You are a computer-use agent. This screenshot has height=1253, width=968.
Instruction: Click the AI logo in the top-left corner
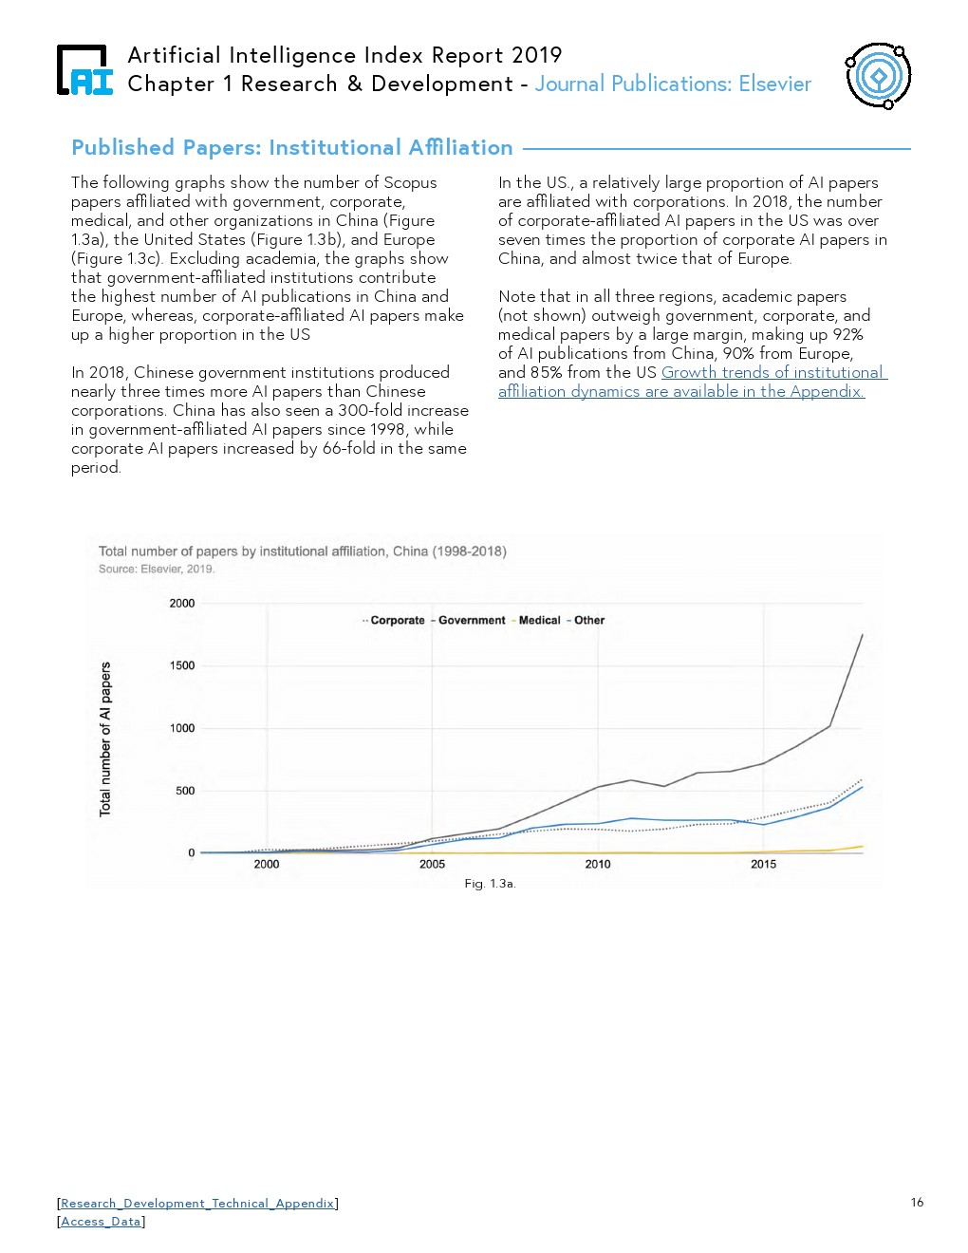(x=84, y=70)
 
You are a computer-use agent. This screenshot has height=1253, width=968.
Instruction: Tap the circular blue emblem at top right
(x=878, y=75)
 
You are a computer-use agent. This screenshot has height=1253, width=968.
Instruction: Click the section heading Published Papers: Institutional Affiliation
(x=292, y=148)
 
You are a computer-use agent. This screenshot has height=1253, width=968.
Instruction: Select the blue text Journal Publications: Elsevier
(x=673, y=84)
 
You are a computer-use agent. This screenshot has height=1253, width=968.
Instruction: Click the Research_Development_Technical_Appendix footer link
(x=197, y=1203)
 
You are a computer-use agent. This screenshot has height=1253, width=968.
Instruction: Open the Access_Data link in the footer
(x=101, y=1222)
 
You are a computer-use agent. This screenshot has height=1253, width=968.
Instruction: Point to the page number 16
(x=917, y=1202)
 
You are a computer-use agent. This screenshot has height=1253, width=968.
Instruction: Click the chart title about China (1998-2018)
(x=303, y=551)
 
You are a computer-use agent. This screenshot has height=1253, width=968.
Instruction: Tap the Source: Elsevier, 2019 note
(x=157, y=570)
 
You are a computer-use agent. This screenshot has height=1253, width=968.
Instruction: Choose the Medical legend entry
(x=539, y=621)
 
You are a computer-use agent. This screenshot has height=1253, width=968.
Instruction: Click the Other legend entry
(x=588, y=621)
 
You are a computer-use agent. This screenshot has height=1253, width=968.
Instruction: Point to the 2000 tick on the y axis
(x=182, y=604)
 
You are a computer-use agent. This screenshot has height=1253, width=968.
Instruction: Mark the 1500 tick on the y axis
(x=182, y=665)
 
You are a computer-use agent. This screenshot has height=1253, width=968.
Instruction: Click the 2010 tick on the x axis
(x=598, y=864)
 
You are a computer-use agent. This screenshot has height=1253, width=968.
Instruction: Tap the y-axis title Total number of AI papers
(x=105, y=739)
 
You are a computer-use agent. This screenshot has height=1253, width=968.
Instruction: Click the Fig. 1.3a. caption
(x=490, y=884)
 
